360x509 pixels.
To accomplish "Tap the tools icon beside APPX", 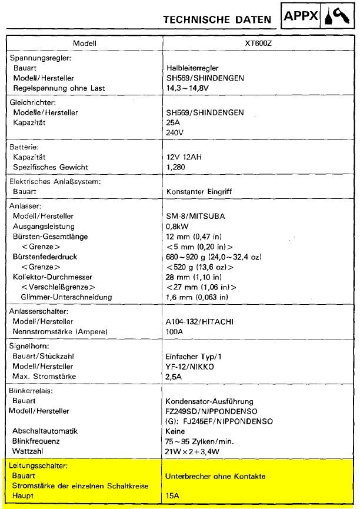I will pos(338,18).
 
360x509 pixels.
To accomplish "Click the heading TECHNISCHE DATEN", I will pos(217,19).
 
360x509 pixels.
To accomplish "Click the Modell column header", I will pos(84,43).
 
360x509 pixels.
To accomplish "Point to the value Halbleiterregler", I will pos(196,68).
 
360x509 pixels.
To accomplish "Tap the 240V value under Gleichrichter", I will pos(175,132).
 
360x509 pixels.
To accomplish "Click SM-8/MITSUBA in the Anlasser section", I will pos(196,216).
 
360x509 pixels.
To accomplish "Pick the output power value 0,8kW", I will pos(178,226).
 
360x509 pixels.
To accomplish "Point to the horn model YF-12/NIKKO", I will pos(191,366).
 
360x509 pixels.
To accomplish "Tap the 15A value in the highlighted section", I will pos(174,496).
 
